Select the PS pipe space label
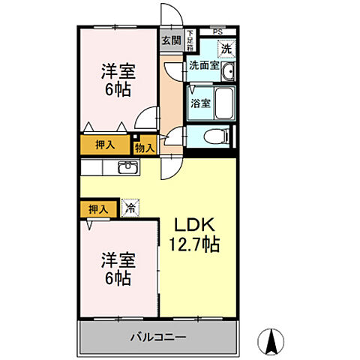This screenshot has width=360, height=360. (217, 31)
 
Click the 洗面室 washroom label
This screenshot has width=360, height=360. (203, 66)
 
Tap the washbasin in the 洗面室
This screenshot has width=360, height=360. (229, 72)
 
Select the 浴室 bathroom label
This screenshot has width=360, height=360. (199, 103)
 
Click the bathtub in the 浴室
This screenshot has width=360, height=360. (224, 103)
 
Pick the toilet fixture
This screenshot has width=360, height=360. (217, 137)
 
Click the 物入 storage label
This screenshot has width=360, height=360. (144, 148)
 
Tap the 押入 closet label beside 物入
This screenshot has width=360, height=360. (104, 144)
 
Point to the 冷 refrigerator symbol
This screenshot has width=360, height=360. (130, 208)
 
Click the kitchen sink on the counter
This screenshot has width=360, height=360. (126, 166)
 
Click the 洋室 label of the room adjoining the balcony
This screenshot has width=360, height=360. (117, 269)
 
